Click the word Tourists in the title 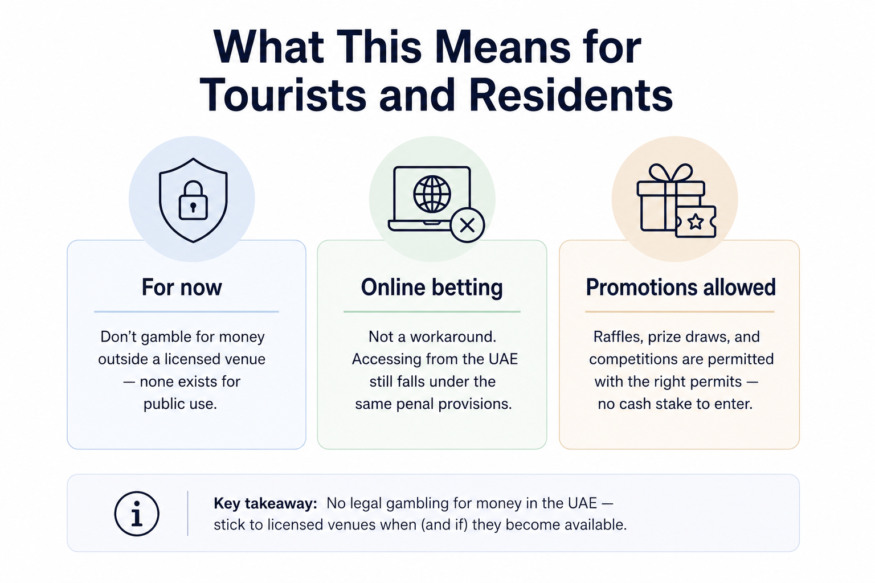pos(283,95)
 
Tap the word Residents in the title pos(571,95)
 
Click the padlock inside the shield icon pos(193,200)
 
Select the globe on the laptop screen pos(432,194)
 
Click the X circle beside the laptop pos(467,225)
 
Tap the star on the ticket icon pos(696,222)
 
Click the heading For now pos(182,288)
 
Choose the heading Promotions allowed pos(681,288)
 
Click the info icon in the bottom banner pos(137,514)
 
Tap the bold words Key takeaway pos(265,504)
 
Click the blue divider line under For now pos(186,311)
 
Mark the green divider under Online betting pos(432,311)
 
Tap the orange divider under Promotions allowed pos(680,311)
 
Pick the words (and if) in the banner pos(444,525)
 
